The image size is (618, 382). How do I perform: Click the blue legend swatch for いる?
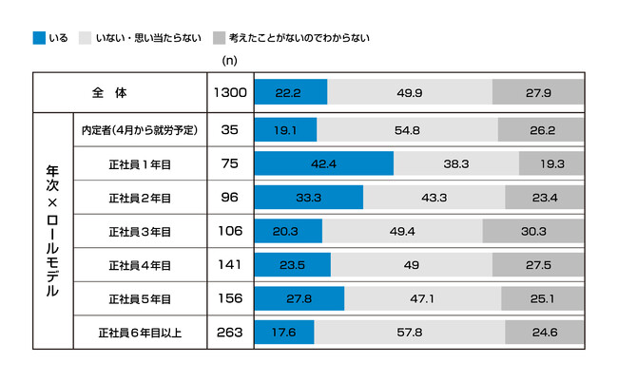pos(38,38)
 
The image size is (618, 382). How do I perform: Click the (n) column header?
pos(229,60)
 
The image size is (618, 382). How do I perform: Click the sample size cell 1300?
pos(229,93)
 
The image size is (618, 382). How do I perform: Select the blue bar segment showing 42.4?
pos(323,163)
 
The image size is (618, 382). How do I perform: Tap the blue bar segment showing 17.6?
pos(283,333)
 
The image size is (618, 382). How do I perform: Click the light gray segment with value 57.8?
pos(409,333)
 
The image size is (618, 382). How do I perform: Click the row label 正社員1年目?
pos(139,163)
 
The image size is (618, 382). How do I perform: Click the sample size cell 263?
pos(229,333)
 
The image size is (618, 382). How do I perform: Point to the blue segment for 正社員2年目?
pos(308,198)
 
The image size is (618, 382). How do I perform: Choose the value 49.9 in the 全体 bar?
pos(410,93)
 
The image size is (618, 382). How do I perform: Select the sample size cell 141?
pos(229,265)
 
